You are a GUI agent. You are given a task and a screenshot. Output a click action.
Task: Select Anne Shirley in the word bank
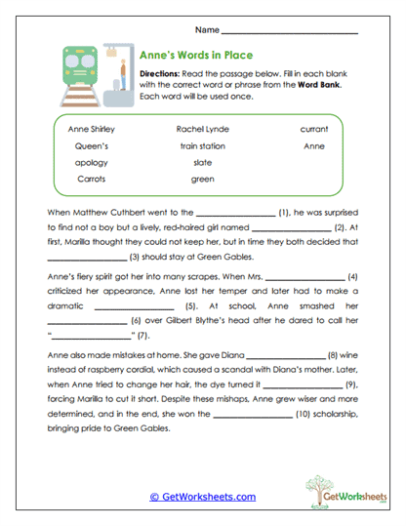coord(92,129)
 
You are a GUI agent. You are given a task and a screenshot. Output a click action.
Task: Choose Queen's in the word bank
coord(92,145)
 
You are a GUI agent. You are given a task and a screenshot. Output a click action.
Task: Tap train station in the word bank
coord(202,145)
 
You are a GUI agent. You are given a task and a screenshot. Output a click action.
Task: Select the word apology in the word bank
coord(92,162)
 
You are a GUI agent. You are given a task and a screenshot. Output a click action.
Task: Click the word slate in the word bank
coord(202,162)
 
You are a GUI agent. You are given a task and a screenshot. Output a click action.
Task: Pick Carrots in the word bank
coord(92,179)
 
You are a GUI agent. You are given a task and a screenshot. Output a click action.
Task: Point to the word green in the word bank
coord(202,179)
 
